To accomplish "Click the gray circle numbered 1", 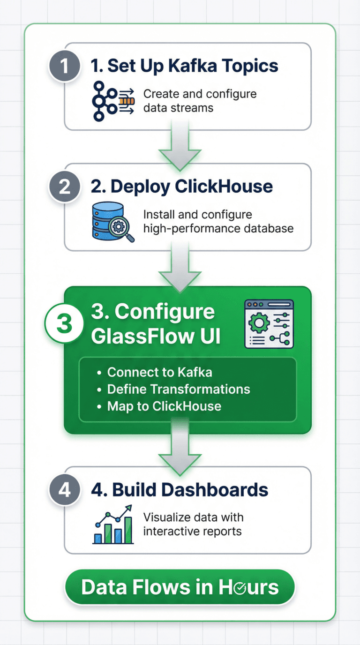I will click(x=64, y=66).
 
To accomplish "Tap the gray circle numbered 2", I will click(x=64, y=187).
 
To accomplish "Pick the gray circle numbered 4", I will click(x=64, y=490).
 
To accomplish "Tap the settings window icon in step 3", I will click(x=269, y=324).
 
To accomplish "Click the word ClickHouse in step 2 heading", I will click(x=223, y=187).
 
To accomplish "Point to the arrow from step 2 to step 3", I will click(x=180, y=268).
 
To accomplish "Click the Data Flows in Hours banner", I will click(x=180, y=587).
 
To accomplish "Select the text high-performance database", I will click(x=218, y=229).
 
